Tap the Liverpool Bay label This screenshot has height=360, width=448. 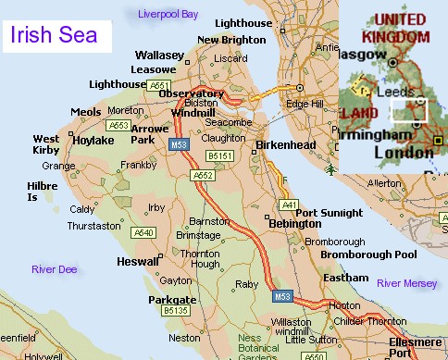click(x=168, y=15)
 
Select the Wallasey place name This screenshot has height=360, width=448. click(x=158, y=56)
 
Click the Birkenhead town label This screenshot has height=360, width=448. click(x=285, y=145)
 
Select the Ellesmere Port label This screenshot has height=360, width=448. click(x=416, y=346)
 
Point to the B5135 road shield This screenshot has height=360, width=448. click(x=175, y=313)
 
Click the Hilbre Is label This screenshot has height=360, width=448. click(x=40, y=192)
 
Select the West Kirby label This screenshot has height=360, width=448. click(x=46, y=144)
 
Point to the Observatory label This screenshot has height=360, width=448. click(x=192, y=93)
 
